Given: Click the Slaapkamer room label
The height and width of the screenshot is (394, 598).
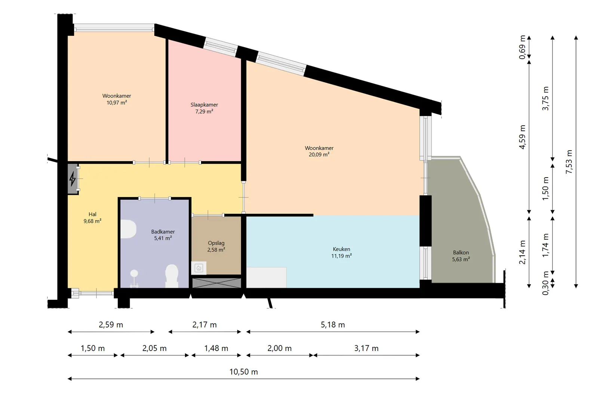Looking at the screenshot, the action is (x=204, y=105).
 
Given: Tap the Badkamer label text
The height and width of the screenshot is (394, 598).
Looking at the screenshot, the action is (x=163, y=232).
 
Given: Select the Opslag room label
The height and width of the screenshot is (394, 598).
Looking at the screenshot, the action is (x=216, y=243).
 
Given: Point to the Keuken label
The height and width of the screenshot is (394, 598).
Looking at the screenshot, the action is (x=341, y=249).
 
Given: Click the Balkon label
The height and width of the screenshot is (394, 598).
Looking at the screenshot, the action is (x=461, y=253).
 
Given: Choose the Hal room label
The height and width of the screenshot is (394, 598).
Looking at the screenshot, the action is (x=92, y=214).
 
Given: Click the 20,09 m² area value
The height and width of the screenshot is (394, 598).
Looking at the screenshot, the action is (x=319, y=154).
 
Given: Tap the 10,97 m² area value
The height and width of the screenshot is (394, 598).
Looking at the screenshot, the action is (x=117, y=102).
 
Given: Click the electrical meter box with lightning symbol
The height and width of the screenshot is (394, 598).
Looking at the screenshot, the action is (x=73, y=179).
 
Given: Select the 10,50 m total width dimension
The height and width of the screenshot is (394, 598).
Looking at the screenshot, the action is (x=243, y=372).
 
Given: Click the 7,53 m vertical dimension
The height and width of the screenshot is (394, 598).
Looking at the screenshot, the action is (x=569, y=162).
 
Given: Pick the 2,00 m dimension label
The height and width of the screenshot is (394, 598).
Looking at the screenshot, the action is (x=280, y=348).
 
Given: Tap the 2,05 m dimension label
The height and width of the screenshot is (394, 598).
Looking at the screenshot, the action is (x=154, y=348).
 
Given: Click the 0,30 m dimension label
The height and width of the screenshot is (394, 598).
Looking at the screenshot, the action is (x=546, y=283).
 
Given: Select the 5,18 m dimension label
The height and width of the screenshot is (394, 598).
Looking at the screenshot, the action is (x=333, y=325).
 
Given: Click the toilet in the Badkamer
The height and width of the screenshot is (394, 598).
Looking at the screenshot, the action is (x=172, y=276).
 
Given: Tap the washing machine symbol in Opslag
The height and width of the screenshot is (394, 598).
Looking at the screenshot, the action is (x=199, y=268).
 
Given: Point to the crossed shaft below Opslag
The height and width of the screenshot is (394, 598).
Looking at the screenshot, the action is (x=216, y=283).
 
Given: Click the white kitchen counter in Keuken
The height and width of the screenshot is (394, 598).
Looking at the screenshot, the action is (x=266, y=277).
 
